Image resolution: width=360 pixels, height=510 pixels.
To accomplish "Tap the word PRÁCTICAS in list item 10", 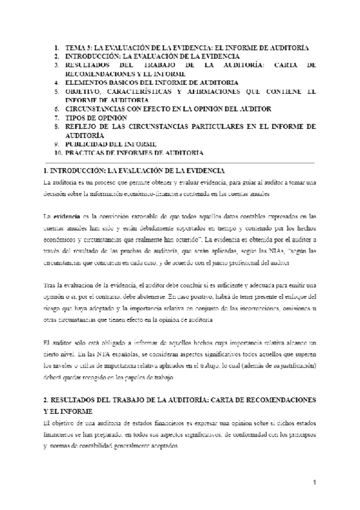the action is click(x=86, y=153).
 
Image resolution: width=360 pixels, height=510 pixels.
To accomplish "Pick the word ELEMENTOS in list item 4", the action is click(x=88, y=82).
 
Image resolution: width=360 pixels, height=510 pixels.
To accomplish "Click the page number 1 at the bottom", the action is click(x=314, y=483).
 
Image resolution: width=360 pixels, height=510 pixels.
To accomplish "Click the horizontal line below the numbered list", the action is click(x=179, y=162).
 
